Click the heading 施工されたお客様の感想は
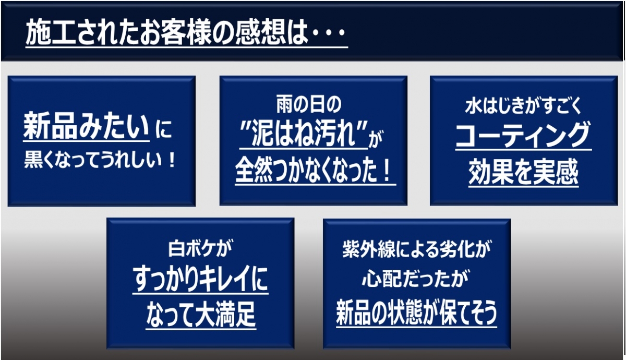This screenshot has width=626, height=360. (167, 32)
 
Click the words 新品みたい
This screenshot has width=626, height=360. (87, 126)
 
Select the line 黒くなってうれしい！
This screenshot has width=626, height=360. (100, 161)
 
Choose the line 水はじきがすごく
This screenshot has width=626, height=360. (523, 106)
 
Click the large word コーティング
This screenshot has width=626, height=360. (523, 135)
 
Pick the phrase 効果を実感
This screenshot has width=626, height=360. (523, 171)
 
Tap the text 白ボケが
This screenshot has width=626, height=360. (200, 248)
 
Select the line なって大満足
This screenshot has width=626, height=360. (201, 315)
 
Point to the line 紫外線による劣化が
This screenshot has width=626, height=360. (417, 249)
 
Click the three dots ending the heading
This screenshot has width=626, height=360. (329, 33)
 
